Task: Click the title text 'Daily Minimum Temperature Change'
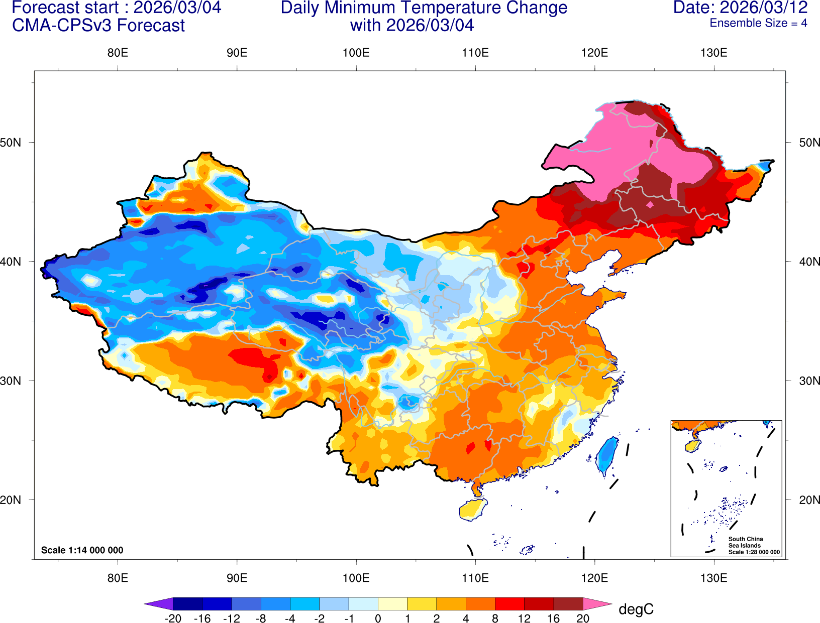pyautogui.click(x=424, y=8)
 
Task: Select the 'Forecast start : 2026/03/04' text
pyautogui.click(x=116, y=8)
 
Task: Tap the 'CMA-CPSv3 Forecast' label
pyautogui.click(x=98, y=26)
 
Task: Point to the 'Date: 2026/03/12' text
pyautogui.click(x=740, y=8)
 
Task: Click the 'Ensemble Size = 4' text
pyautogui.click(x=758, y=23)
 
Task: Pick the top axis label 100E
pyautogui.click(x=356, y=53)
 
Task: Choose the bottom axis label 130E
pyautogui.click(x=713, y=578)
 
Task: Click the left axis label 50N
pyautogui.click(x=11, y=143)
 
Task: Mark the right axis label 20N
pyautogui.click(x=809, y=500)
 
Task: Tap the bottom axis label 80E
pyautogui.click(x=118, y=578)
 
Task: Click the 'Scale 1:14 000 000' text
pyautogui.click(x=82, y=550)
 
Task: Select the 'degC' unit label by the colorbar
pyautogui.click(x=636, y=609)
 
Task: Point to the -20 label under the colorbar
pyautogui.click(x=173, y=618)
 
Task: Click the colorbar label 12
pyautogui.click(x=524, y=618)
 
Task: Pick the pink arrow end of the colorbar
pyautogui.click(x=597, y=603)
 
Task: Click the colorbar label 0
pyautogui.click(x=378, y=618)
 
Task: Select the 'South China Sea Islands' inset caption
pyautogui.click(x=745, y=542)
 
